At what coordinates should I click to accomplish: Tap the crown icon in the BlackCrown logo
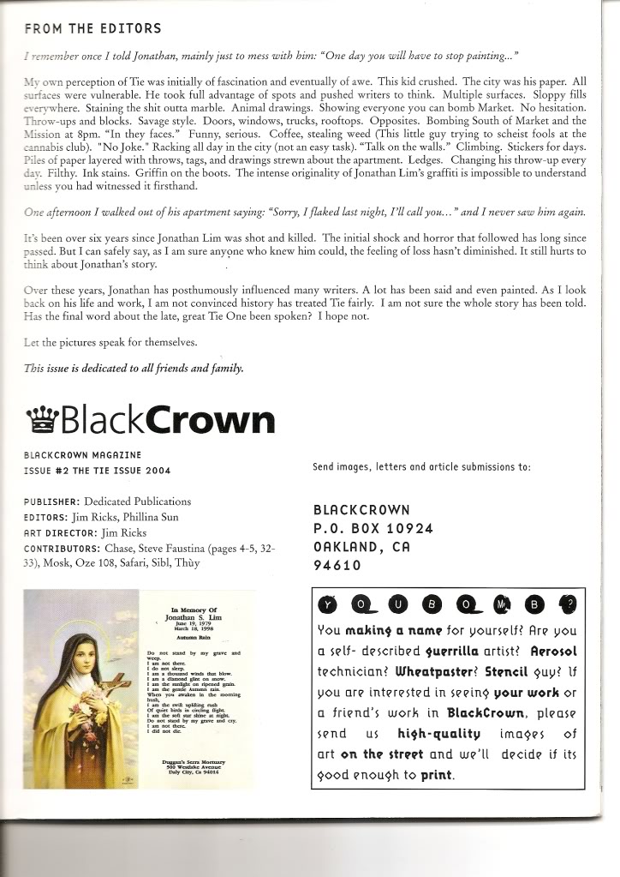pos(43,419)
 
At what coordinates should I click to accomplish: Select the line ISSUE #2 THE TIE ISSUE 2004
pos(97,472)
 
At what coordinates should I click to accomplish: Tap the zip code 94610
pos(337,565)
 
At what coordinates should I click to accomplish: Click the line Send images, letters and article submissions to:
pos(422,467)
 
